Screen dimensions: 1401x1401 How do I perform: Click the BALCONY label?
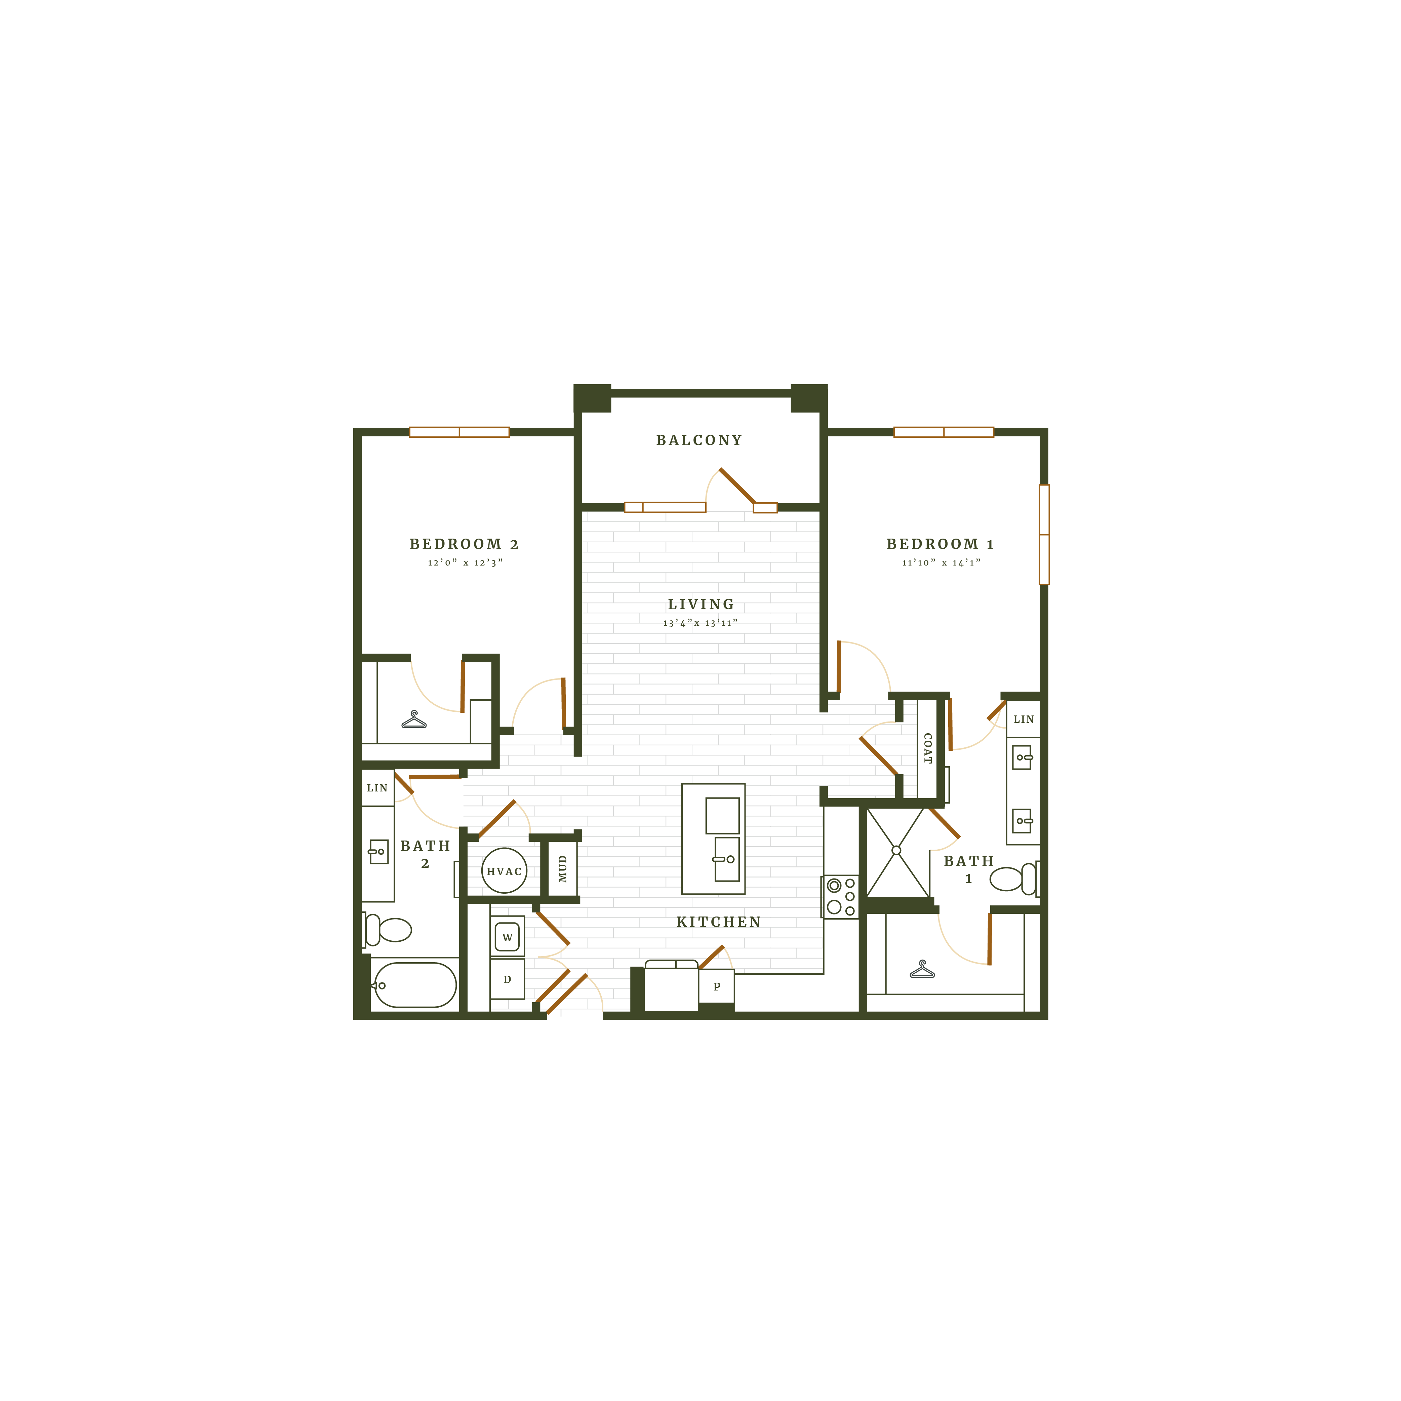[699, 440]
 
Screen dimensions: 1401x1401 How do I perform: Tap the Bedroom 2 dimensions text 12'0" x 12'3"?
[465, 563]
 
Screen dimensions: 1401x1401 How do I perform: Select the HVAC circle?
[504, 871]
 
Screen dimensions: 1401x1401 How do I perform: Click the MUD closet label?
[563, 869]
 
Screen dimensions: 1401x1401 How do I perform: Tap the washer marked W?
[507, 937]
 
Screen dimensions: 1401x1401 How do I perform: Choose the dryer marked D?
[507, 979]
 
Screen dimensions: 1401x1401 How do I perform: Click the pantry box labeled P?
[716, 986]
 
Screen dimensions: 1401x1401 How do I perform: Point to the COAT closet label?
[927, 748]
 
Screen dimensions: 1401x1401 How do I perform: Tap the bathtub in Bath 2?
[415, 985]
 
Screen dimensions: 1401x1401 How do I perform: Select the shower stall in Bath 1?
[897, 851]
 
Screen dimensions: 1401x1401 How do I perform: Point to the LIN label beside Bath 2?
[377, 787]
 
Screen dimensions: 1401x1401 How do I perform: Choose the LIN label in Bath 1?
[1023, 719]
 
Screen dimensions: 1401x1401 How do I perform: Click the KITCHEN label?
[719, 922]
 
